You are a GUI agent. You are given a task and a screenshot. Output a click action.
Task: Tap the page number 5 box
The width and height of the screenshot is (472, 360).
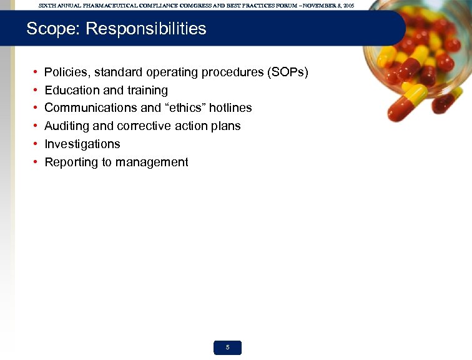click(x=227, y=347)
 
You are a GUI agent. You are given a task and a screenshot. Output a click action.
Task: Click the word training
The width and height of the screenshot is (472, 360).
click(x=147, y=91)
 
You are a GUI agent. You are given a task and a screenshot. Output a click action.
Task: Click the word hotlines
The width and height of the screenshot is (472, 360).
click(x=231, y=108)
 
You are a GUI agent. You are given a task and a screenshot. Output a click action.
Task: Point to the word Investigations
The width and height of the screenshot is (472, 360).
click(x=82, y=144)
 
